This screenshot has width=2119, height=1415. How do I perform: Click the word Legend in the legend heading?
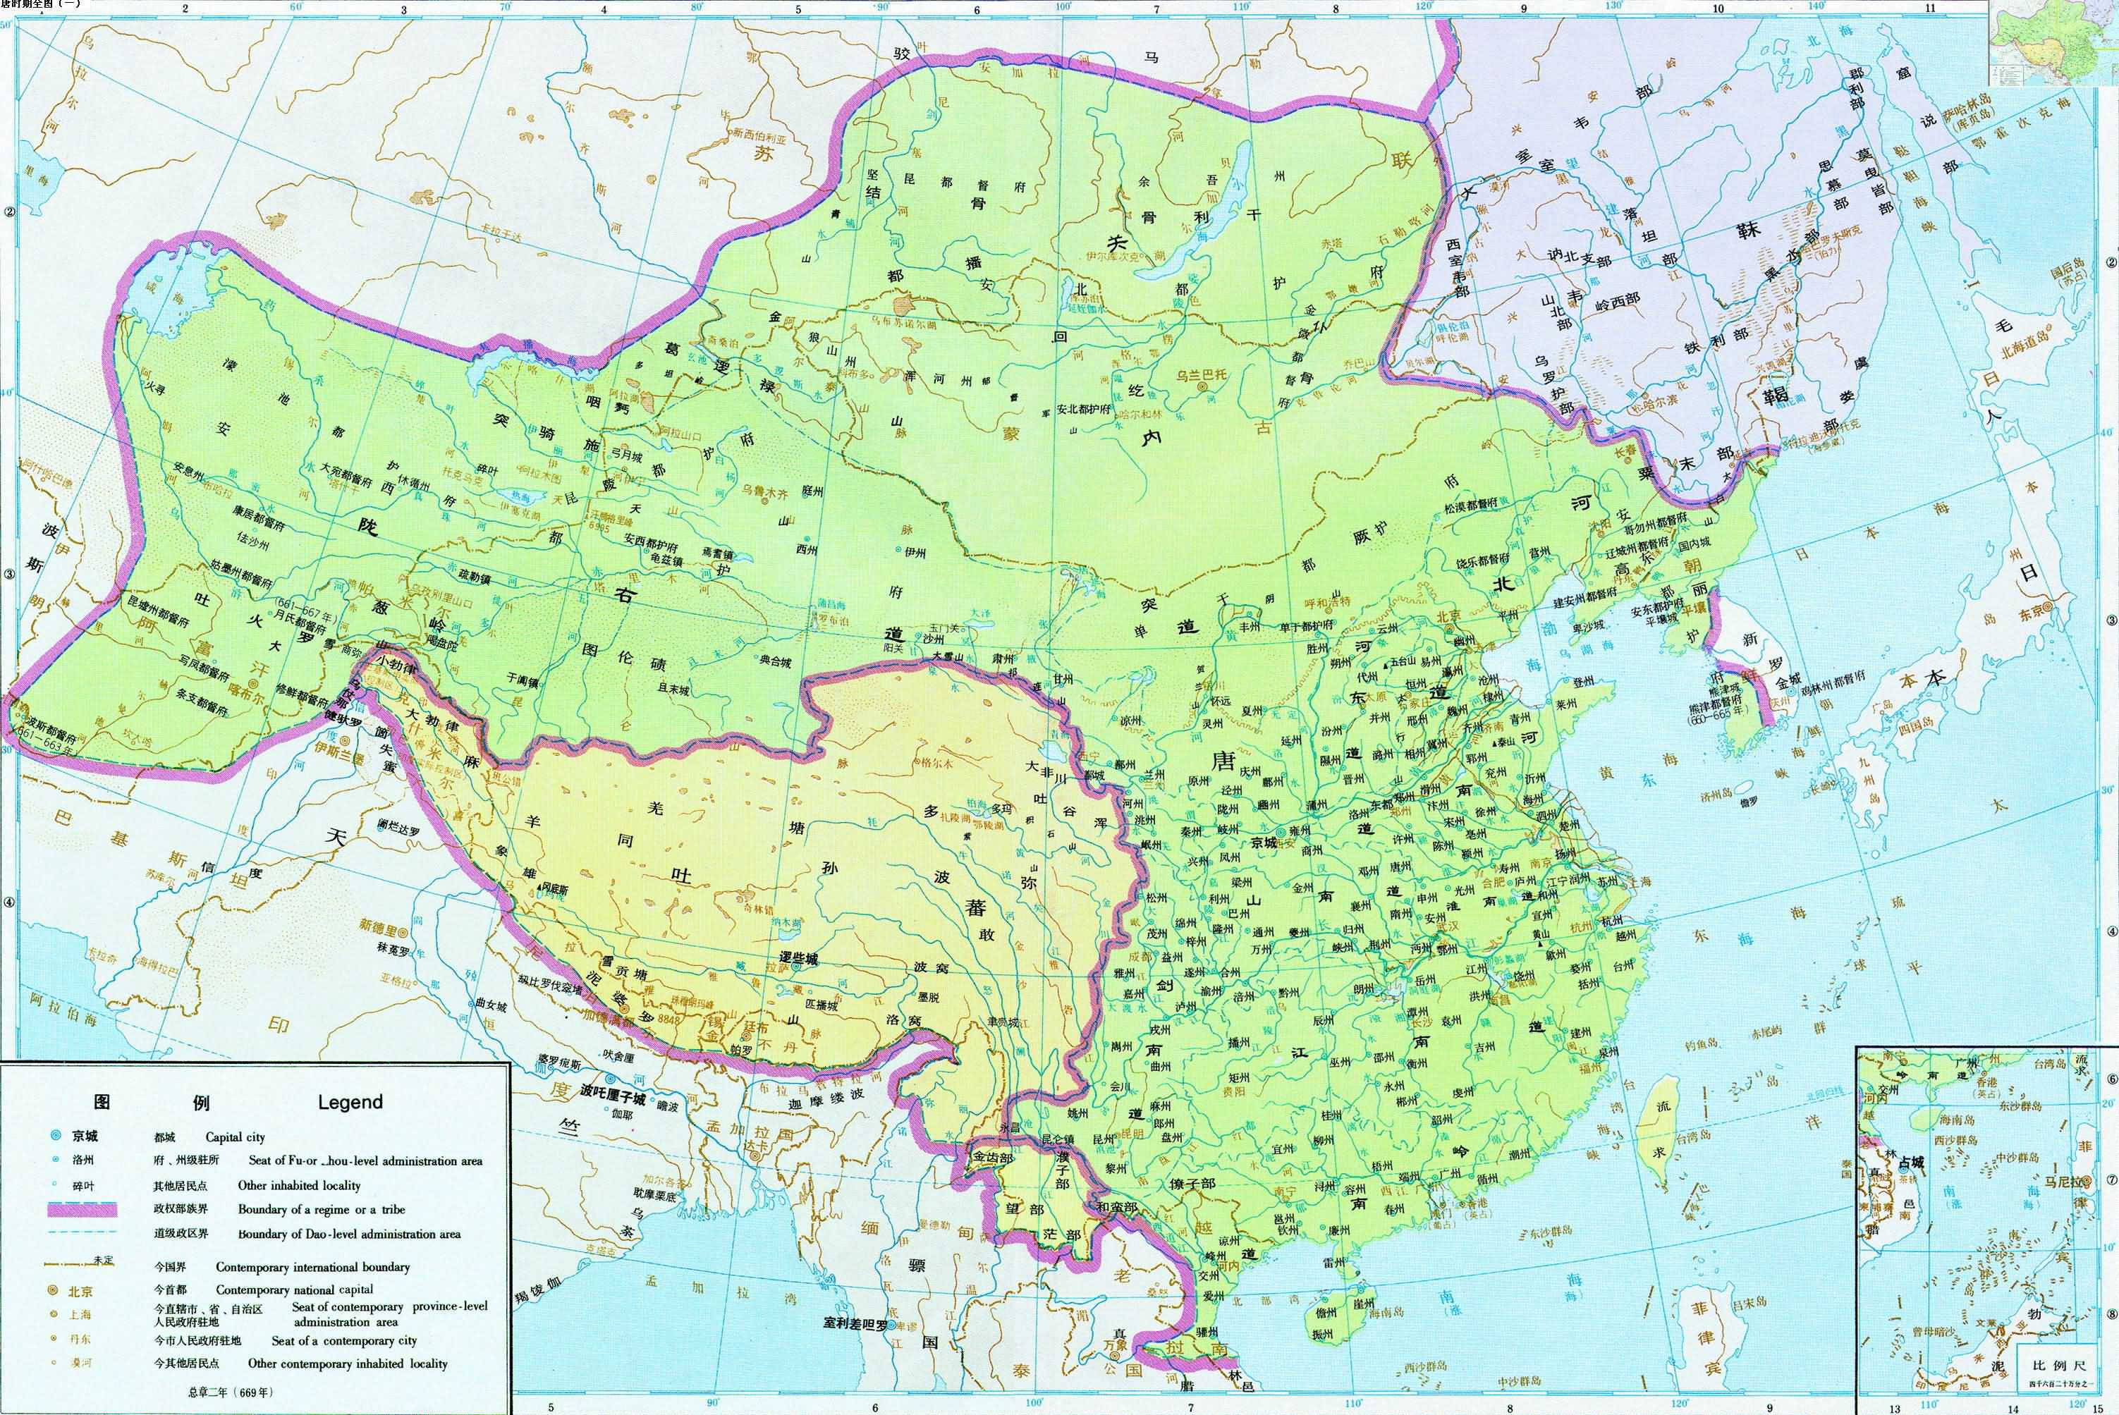350,1102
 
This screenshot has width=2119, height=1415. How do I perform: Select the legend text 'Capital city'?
235,1137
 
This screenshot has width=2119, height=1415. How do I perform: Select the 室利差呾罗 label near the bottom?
854,1324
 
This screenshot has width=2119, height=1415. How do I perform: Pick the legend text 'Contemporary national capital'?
294,1290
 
